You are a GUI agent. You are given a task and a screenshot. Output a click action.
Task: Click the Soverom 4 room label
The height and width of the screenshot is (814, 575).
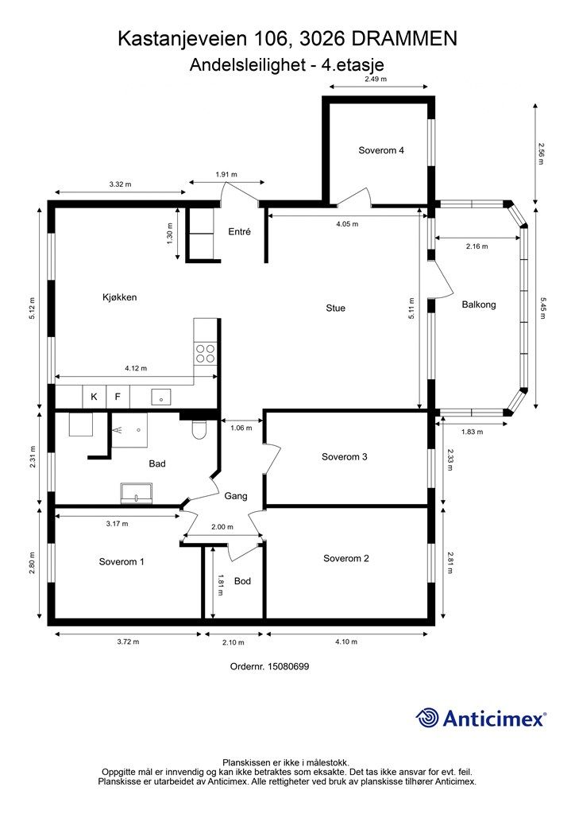381,150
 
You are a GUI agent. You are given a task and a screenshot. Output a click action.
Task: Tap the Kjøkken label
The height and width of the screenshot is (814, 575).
119,297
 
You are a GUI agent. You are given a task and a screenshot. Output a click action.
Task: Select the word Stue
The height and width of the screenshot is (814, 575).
335,308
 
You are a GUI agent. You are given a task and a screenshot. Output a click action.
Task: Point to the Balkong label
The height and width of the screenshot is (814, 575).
479,304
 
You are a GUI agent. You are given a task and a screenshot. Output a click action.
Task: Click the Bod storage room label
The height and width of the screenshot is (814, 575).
242,581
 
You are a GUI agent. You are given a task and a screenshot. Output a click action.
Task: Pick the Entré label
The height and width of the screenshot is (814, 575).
239,232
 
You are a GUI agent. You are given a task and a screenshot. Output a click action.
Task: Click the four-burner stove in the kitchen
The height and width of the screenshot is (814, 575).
205,353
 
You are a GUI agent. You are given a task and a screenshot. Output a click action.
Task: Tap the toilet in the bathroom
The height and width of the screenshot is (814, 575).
199,428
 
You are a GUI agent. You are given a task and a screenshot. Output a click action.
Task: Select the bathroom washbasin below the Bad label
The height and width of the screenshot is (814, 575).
137,493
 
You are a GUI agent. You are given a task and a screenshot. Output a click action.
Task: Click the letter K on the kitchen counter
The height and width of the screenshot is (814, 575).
94,397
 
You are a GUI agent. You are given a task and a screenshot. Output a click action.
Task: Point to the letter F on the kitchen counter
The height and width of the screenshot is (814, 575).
118,397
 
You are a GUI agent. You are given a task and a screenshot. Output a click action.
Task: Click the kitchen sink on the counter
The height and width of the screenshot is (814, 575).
161,397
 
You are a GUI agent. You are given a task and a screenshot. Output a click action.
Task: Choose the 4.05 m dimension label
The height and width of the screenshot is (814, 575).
347,224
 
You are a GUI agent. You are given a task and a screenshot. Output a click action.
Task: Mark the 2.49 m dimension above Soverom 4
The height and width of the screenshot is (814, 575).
376,79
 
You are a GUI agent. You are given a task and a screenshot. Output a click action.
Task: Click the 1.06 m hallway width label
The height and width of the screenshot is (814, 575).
241,428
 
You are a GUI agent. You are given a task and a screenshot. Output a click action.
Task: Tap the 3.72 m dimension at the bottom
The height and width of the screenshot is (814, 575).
128,642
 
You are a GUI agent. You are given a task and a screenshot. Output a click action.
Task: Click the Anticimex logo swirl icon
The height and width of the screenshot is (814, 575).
427,718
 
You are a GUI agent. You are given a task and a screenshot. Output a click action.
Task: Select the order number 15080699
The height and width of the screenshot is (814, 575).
287,666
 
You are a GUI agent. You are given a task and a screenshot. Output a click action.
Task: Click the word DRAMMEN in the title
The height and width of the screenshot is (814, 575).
405,38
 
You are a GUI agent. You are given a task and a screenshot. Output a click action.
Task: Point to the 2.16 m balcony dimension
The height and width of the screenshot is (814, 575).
477,246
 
